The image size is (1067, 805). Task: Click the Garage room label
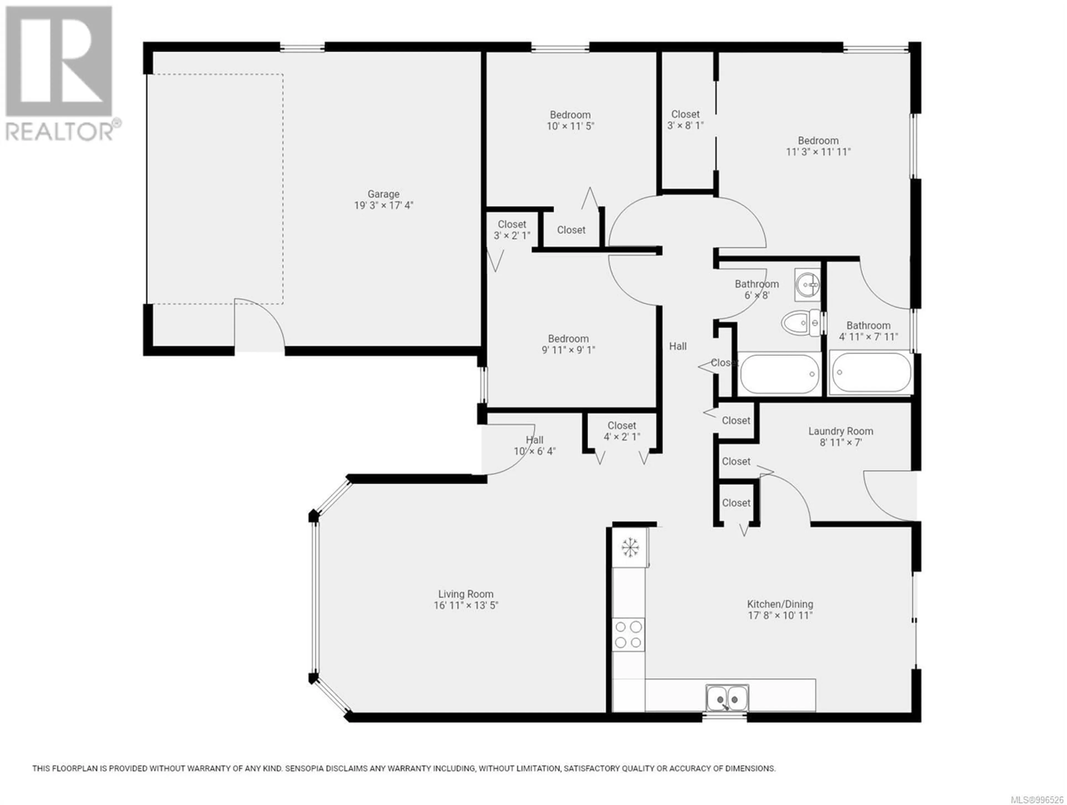383,194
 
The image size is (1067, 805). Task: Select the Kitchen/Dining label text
780,604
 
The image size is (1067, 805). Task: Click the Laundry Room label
841,431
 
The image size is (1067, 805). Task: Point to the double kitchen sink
727,698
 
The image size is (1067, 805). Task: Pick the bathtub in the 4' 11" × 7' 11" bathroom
871,372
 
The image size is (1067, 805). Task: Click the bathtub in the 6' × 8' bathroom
779,374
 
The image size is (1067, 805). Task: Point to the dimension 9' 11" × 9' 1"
568,350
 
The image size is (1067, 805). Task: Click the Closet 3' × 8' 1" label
685,120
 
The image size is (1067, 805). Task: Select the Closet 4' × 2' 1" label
622,431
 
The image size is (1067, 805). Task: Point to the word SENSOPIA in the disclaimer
305,768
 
